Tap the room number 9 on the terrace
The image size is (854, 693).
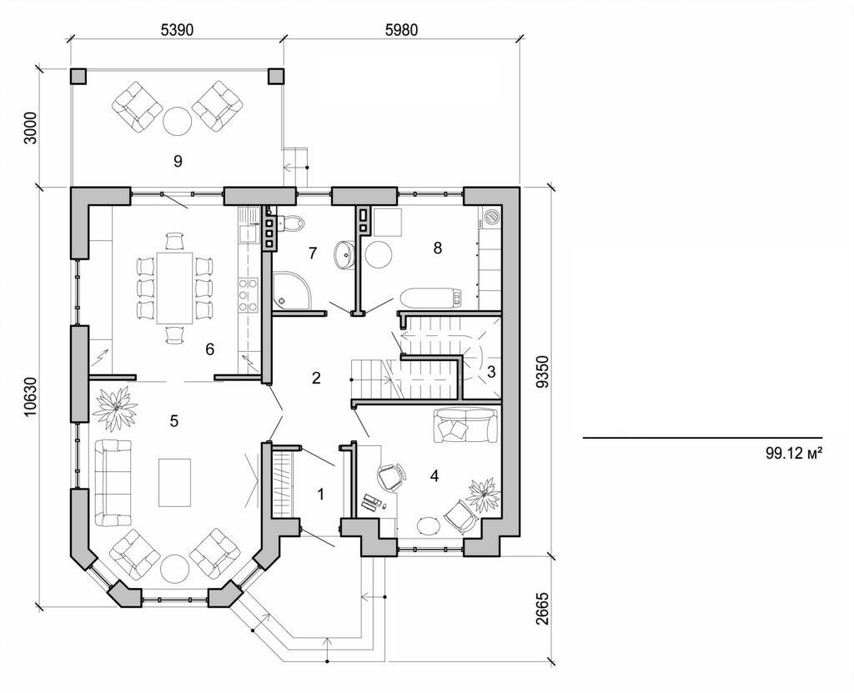point(177,160)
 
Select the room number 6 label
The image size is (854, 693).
point(210,349)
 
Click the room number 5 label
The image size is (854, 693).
point(173,420)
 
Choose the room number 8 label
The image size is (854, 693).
point(435,247)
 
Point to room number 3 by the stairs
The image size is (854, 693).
point(491,372)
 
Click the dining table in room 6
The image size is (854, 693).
point(174,288)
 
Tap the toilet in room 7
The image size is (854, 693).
point(292,223)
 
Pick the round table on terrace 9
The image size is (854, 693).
point(177,122)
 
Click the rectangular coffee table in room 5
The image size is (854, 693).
point(174,482)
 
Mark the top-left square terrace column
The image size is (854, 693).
point(78,76)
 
